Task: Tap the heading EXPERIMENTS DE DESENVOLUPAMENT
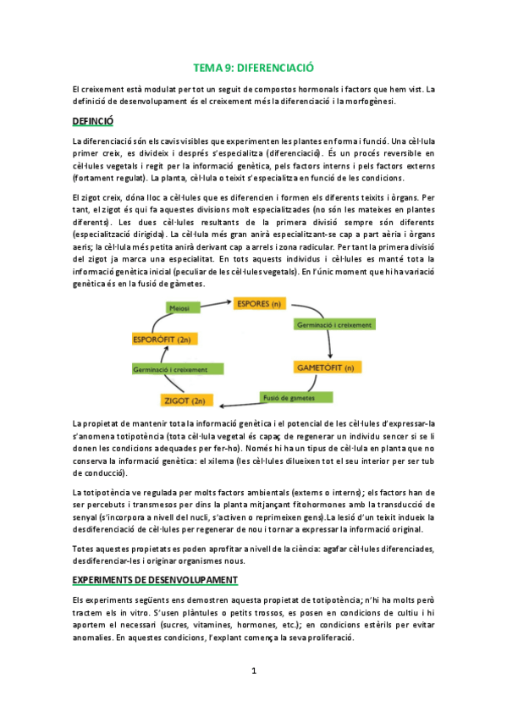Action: (x=154, y=579)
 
